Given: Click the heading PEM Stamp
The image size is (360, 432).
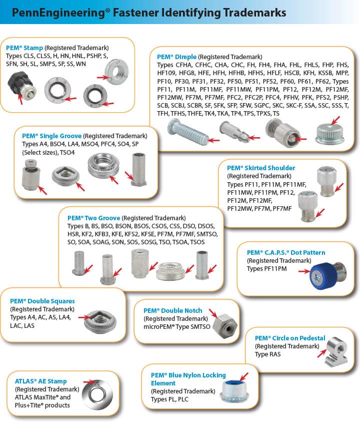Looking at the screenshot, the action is [24, 48].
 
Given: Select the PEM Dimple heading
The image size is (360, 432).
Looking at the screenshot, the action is [176, 57].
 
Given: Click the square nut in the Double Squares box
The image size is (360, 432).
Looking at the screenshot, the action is [100, 321].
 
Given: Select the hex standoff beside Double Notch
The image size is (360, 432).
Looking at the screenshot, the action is [225, 326].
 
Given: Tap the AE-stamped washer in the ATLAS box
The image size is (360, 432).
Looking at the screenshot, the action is [97, 395].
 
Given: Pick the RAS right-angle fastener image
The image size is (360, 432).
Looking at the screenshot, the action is [336, 352].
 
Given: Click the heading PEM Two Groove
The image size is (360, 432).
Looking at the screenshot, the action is [94, 218].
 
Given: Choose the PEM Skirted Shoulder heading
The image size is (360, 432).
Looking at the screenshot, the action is [261, 168].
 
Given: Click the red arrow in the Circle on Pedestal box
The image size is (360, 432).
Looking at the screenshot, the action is [321, 353].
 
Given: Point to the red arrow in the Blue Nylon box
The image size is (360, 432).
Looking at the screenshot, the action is [244, 376].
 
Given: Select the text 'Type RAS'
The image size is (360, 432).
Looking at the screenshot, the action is [267, 354].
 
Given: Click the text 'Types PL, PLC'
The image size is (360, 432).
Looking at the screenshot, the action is [169, 399].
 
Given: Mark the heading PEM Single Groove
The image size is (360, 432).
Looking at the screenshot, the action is [51, 136].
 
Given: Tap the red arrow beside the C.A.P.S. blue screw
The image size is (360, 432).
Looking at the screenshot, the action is [304, 271].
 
